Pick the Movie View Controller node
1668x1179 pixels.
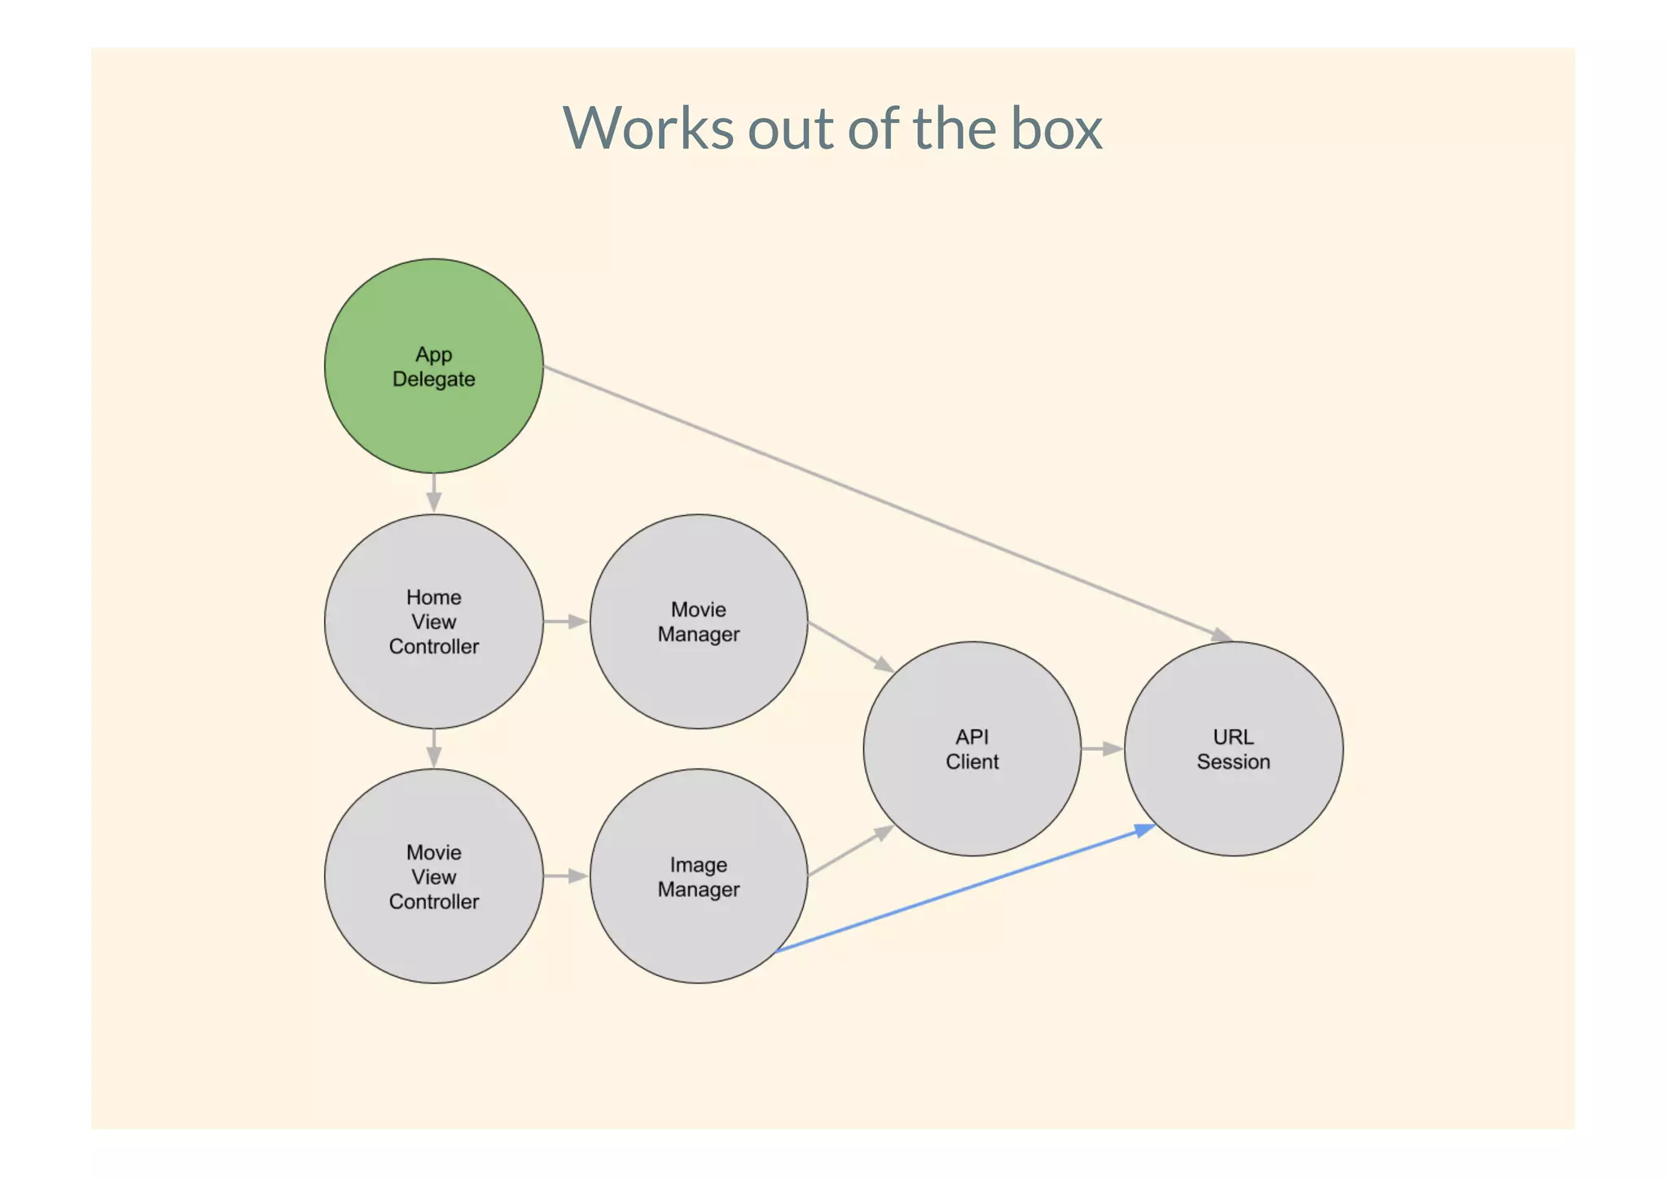(433, 937)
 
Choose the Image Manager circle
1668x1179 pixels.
(698, 929)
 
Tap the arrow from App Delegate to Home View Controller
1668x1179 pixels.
(434, 493)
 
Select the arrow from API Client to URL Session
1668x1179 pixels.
(1102, 748)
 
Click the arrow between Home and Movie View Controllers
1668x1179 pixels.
(434, 748)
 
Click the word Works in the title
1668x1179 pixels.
(647, 129)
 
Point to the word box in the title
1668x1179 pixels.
(1056, 129)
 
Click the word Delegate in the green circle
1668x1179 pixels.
(433, 380)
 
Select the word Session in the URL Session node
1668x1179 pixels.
(1233, 762)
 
